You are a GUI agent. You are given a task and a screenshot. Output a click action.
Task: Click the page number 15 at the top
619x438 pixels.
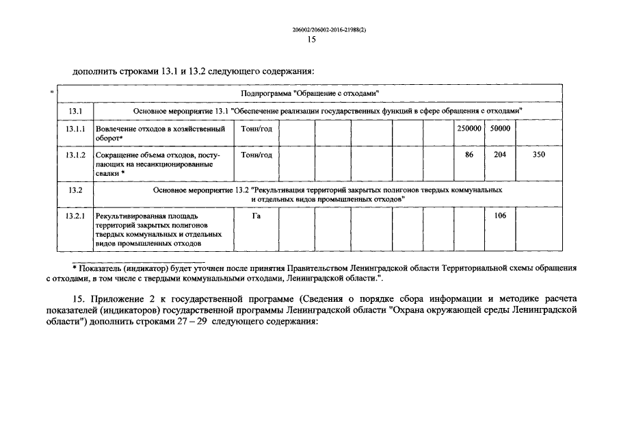[311, 40]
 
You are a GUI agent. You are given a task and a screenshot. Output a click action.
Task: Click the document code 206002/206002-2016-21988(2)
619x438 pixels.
[329, 29]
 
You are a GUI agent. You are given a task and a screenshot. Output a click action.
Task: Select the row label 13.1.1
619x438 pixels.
[75, 128]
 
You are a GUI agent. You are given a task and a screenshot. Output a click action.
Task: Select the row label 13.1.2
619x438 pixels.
[75, 155]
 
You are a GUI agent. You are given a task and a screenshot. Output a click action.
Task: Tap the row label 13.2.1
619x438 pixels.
[75, 216]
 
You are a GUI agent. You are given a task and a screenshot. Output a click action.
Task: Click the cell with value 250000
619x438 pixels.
[469, 128]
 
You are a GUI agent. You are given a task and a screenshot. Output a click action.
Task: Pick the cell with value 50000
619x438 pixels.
[500, 128]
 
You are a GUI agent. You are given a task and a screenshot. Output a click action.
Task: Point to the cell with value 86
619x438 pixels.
[469, 155]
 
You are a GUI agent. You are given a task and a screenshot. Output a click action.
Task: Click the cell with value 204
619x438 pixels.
[500, 155]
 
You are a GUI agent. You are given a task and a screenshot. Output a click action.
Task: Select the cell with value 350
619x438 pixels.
[538, 155]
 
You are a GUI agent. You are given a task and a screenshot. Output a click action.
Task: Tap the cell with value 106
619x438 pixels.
[500, 216]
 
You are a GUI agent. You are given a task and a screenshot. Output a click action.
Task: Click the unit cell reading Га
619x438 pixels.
[256, 216]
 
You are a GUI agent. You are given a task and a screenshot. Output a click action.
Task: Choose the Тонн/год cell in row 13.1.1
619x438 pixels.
[256, 128]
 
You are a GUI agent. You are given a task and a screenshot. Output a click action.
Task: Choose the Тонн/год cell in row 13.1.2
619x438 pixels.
[256, 155]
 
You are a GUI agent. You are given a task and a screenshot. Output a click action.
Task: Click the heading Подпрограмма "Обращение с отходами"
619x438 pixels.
[311, 92]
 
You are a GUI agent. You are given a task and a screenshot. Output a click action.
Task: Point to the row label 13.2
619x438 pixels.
[75, 190]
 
